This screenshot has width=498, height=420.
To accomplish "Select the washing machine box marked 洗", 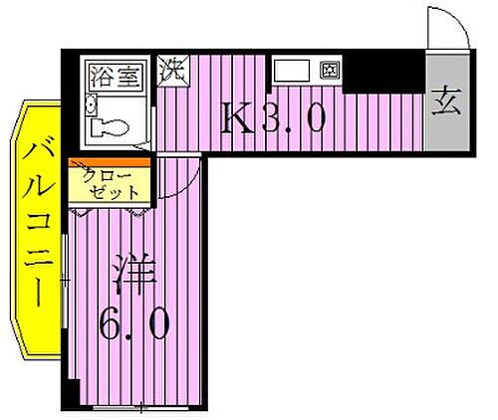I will tap(173, 73).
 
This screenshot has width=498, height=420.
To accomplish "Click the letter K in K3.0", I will tap(239, 121).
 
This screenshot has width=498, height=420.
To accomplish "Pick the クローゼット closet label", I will tap(111, 185).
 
